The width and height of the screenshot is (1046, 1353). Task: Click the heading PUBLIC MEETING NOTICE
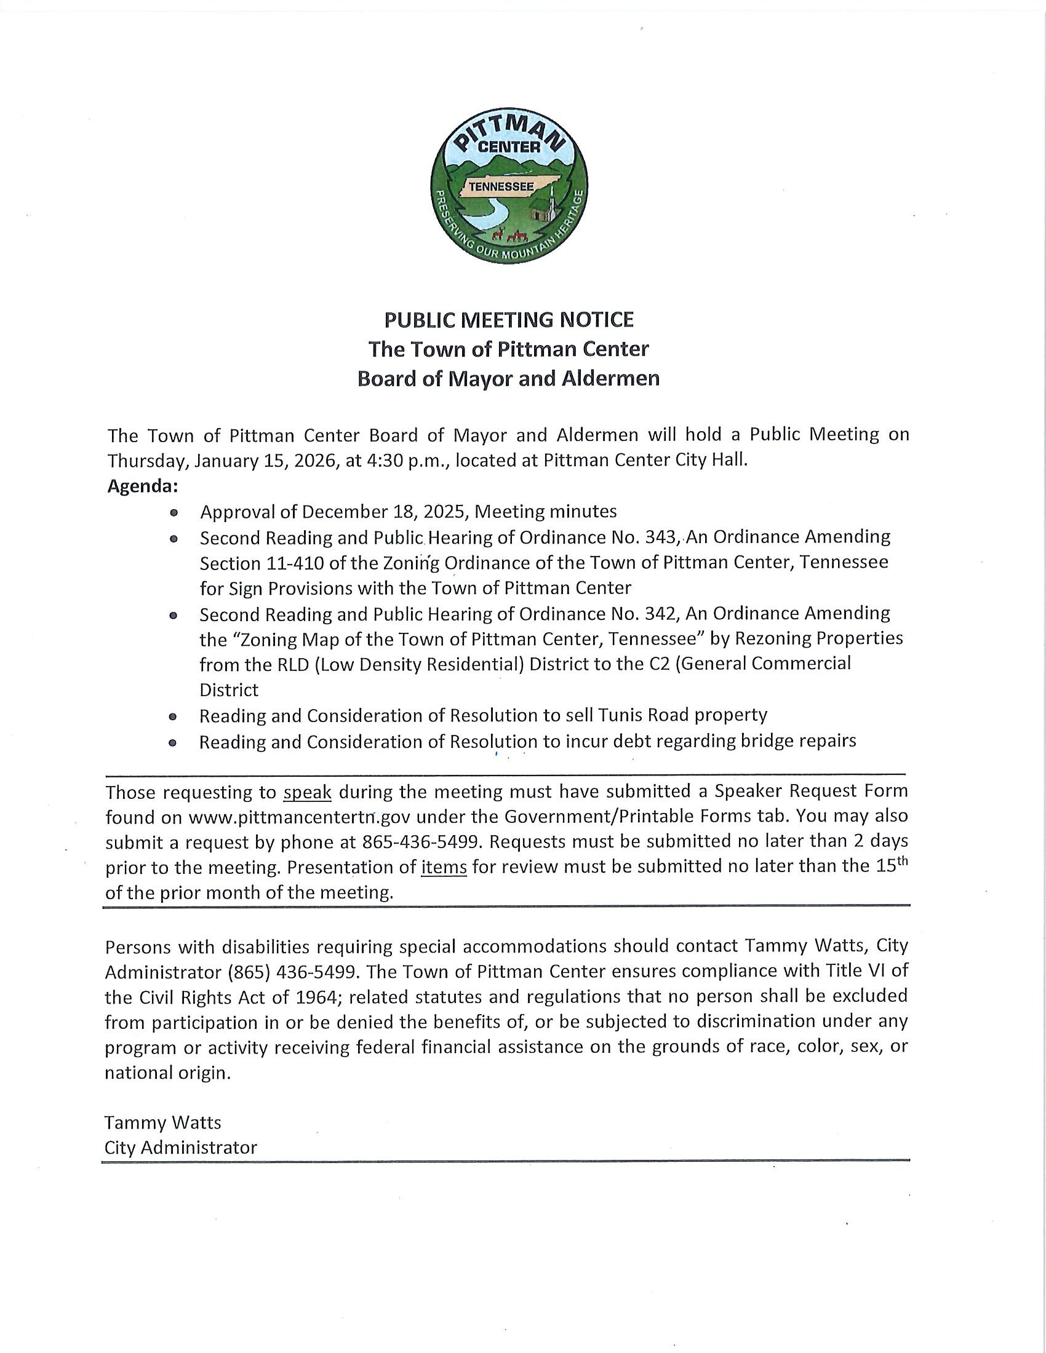tap(509, 320)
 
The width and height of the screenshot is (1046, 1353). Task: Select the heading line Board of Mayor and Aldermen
tap(509, 378)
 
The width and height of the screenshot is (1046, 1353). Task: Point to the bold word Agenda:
tap(143, 486)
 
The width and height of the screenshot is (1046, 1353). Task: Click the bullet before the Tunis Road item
tap(174, 716)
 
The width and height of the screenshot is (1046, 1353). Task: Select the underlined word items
tap(444, 867)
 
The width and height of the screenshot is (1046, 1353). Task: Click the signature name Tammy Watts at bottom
tap(162, 1122)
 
